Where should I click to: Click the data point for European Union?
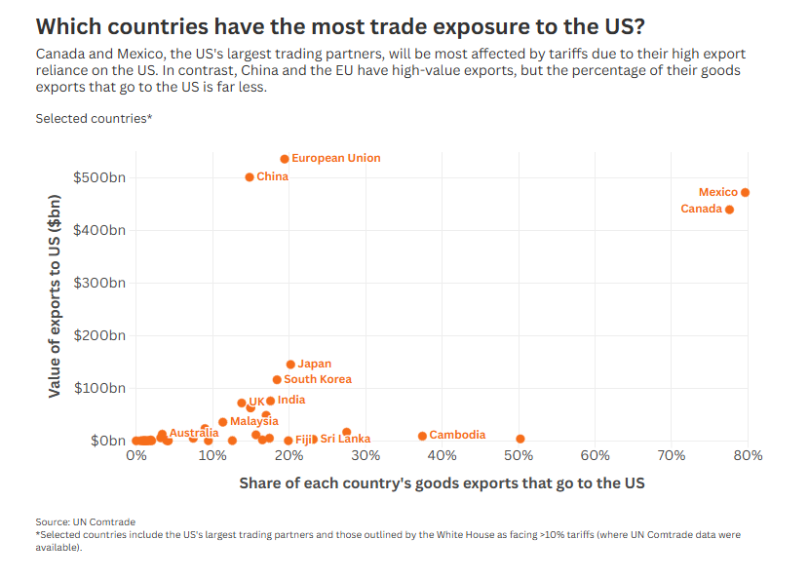click(x=285, y=159)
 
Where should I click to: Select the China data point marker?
click(x=250, y=177)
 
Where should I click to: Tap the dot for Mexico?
click(x=745, y=193)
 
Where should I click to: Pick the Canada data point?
click(x=729, y=210)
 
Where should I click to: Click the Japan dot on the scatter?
click(x=290, y=365)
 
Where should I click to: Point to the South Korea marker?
click(x=277, y=380)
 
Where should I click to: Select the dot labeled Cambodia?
click(x=422, y=436)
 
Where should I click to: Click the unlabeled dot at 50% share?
click(x=520, y=440)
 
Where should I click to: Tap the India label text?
click(x=290, y=400)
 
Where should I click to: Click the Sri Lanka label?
click(x=345, y=440)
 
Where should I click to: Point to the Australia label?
click(x=194, y=433)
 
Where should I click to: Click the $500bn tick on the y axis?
click(x=99, y=177)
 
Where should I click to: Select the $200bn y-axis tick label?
click(x=99, y=335)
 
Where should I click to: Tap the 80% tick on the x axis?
click(x=748, y=456)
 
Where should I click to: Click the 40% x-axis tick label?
click(x=442, y=456)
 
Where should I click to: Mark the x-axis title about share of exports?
click(x=442, y=482)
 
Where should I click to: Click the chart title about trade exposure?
click(x=339, y=25)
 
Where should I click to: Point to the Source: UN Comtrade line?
click(x=85, y=521)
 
